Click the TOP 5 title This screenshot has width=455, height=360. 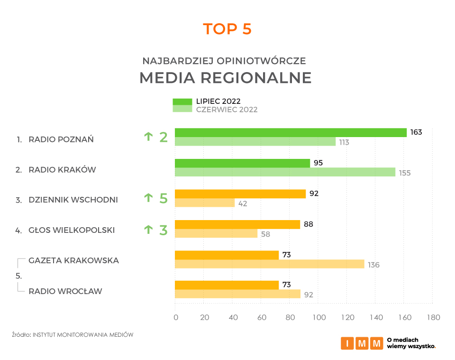coord(227,29)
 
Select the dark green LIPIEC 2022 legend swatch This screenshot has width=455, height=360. coord(182,102)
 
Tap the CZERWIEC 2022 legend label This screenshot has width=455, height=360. coord(227,110)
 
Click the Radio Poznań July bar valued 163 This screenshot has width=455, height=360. coord(291,133)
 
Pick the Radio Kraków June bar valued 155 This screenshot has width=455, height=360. coord(285,172)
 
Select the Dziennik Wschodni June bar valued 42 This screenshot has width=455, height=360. coord(205,203)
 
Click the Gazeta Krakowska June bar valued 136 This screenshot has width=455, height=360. coord(269,264)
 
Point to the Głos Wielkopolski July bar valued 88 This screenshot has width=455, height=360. coord(237,224)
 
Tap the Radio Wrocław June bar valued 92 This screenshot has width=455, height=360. coord(237,294)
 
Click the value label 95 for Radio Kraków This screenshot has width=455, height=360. coord(318,163)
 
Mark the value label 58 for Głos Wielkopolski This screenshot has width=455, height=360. coord(266,234)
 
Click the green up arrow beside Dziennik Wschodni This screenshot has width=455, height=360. coord(148,198)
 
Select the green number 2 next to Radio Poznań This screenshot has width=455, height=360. coord(164,138)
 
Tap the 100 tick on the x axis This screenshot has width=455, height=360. coord(318,317)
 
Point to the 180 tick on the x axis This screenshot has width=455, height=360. coord(433,317)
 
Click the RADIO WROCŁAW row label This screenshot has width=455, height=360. coord(65,291)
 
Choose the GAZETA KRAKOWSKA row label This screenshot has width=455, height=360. coord(73,260)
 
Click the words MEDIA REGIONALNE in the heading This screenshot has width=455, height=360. coord(225,78)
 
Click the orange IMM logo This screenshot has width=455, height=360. coord(362,343)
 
